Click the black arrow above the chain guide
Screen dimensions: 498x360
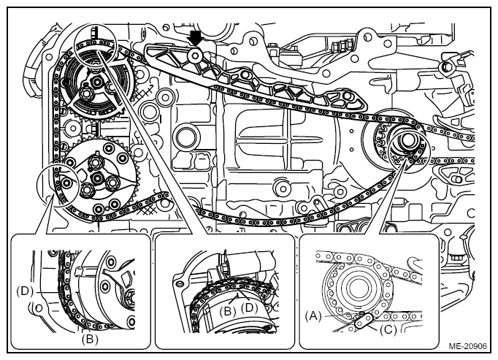tap(196, 39)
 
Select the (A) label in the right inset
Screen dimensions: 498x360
tap(313, 316)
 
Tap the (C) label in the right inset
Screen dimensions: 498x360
tap(388, 330)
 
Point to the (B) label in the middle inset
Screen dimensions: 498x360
tap(227, 311)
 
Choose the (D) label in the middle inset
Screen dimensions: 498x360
tap(249, 307)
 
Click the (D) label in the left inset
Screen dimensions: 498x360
tap(25, 291)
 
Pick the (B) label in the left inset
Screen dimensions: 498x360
tap(90, 340)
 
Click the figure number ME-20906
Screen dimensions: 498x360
tap(467, 346)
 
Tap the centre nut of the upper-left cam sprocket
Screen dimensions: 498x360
tap(96, 83)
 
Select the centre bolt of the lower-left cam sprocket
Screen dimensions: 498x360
tap(96, 178)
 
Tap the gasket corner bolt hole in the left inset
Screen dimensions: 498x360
tap(39, 308)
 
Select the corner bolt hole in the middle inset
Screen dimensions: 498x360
tap(180, 283)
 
